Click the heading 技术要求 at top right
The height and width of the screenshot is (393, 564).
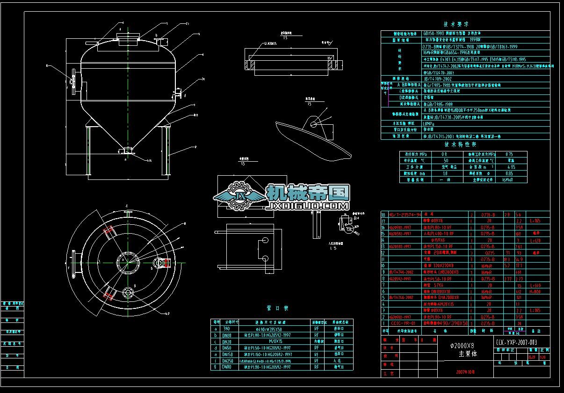point(456,24)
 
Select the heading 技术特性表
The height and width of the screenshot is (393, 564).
point(456,145)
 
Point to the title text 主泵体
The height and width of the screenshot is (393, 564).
point(462,354)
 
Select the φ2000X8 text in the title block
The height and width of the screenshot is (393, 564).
point(462,345)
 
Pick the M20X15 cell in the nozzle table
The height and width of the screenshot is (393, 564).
point(271,342)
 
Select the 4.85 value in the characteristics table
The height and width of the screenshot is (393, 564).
point(511,166)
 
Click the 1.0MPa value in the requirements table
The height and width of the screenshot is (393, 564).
point(429,123)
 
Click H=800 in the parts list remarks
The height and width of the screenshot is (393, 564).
point(533,291)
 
